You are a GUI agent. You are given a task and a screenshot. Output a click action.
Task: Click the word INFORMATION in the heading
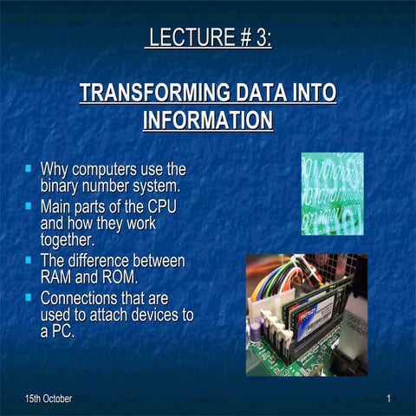[x=208, y=120]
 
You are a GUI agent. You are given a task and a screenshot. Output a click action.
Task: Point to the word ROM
[x=120, y=277]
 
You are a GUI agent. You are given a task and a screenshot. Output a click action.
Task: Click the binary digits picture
[x=332, y=192]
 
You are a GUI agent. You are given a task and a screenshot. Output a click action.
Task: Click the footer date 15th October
[x=49, y=399]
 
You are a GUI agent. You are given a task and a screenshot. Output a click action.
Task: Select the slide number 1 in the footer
[x=389, y=399]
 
